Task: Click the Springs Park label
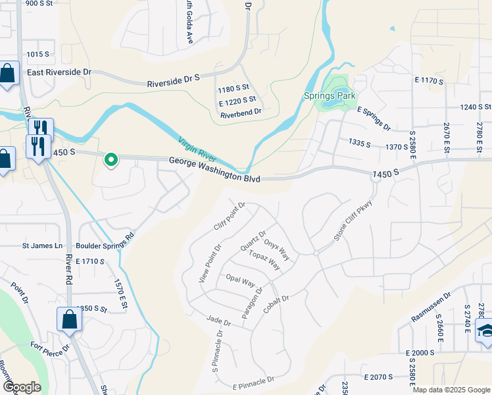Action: coord(330,95)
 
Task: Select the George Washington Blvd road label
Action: coord(214,170)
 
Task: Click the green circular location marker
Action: coord(111,159)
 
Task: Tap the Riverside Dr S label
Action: coord(174,81)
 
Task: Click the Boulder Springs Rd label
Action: coord(106,242)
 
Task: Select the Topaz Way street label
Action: coord(265,261)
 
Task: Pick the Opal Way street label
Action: coord(240,280)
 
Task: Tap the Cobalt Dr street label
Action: coord(276,300)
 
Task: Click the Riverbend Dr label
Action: coord(241,113)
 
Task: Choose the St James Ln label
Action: coord(41,246)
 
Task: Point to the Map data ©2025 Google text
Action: coord(451,390)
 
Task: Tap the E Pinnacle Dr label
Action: coord(253,383)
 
